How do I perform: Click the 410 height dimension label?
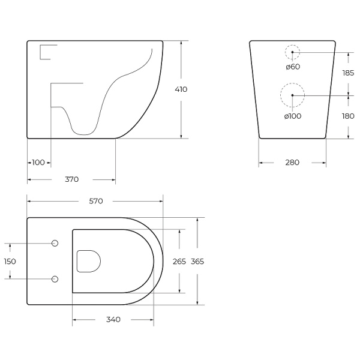tap(181, 89)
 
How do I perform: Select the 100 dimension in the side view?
tap(38, 163)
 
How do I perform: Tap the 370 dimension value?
tap(71, 179)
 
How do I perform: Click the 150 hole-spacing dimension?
tap(10, 261)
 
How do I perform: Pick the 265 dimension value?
tap(179, 262)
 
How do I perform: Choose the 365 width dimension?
tap(197, 262)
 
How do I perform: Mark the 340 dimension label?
tap(113, 319)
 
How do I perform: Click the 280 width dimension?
tap(292, 163)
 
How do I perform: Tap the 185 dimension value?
tap(347, 73)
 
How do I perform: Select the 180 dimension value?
tap(347, 116)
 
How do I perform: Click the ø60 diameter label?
tap(293, 67)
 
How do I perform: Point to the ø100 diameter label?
tap(293, 116)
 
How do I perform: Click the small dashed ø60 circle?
tap(292, 53)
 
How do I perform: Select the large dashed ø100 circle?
tap(292, 94)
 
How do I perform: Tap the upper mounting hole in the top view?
tap(55, 243)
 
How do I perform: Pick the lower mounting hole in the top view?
tap(55, 278)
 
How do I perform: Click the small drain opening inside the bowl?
tap(88, 261)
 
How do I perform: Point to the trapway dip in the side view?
tap(83, 127)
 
